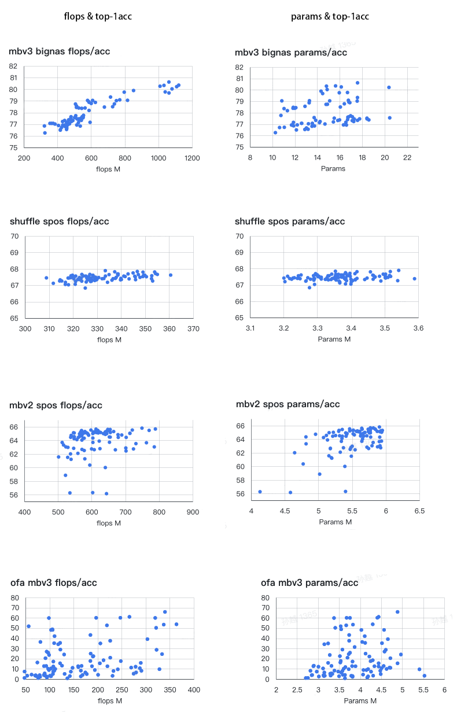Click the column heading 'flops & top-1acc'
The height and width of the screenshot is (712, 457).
pos(98,16)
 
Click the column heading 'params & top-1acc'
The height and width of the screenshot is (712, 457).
pos(330,16)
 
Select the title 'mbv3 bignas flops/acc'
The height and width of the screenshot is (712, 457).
pos(59,51)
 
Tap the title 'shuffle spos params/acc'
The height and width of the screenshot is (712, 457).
pos(290,222)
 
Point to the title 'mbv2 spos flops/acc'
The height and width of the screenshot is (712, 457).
pos(56,405)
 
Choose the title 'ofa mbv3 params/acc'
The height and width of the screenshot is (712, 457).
pos(309,582)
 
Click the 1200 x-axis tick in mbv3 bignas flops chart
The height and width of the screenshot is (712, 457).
pos(193,158)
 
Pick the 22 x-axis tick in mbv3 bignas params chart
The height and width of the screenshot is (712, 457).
pos(407,157)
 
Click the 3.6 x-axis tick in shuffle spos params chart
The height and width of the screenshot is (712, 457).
pos(418,329)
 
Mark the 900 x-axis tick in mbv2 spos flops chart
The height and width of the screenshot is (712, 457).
pos(193,511)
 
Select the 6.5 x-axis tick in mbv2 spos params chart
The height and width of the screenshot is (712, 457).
pos(419,511)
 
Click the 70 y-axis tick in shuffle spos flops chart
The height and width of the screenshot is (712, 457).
pos(14,236)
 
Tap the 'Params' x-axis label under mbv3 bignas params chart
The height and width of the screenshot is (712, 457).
pos(333,168)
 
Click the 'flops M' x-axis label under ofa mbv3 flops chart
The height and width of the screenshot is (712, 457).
pos(109,700)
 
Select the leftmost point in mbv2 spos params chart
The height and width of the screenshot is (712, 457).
pos(260,492)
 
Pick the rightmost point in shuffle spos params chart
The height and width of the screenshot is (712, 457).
pos(414,279)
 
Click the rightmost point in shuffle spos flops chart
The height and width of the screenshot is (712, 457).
pos(171,275)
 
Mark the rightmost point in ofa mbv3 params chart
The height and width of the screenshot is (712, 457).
pos(424,676)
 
